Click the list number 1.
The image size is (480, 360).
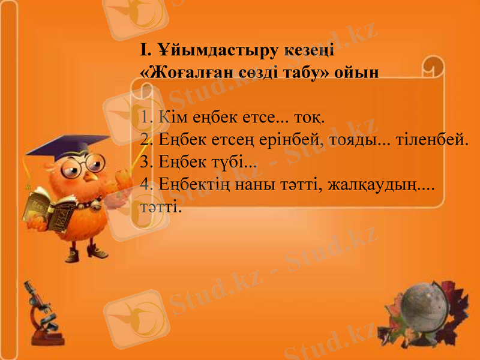click(x=146, y=116)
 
